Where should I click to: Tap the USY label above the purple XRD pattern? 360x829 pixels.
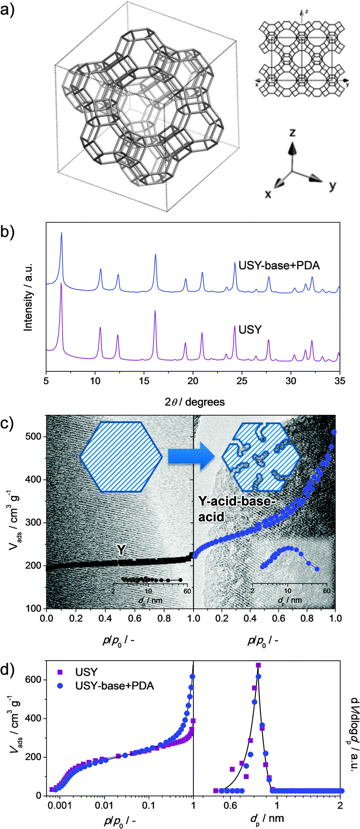pyautogui.click(x=250, y=330)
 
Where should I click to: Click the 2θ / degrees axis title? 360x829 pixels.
pyautogui.click(x=195, y=402)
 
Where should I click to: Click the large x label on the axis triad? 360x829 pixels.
pyautogui.click(x=268, y=193)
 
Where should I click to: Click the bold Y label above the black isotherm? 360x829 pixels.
pyautogui.click(x=121, y=550)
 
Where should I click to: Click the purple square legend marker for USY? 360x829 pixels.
pyautogui.click(x=60, y=672)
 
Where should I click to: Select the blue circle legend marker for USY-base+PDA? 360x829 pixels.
pyautogui.click(x=60, y=686)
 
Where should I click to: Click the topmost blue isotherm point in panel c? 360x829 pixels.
pyautogui.click(x=334, y=432)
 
